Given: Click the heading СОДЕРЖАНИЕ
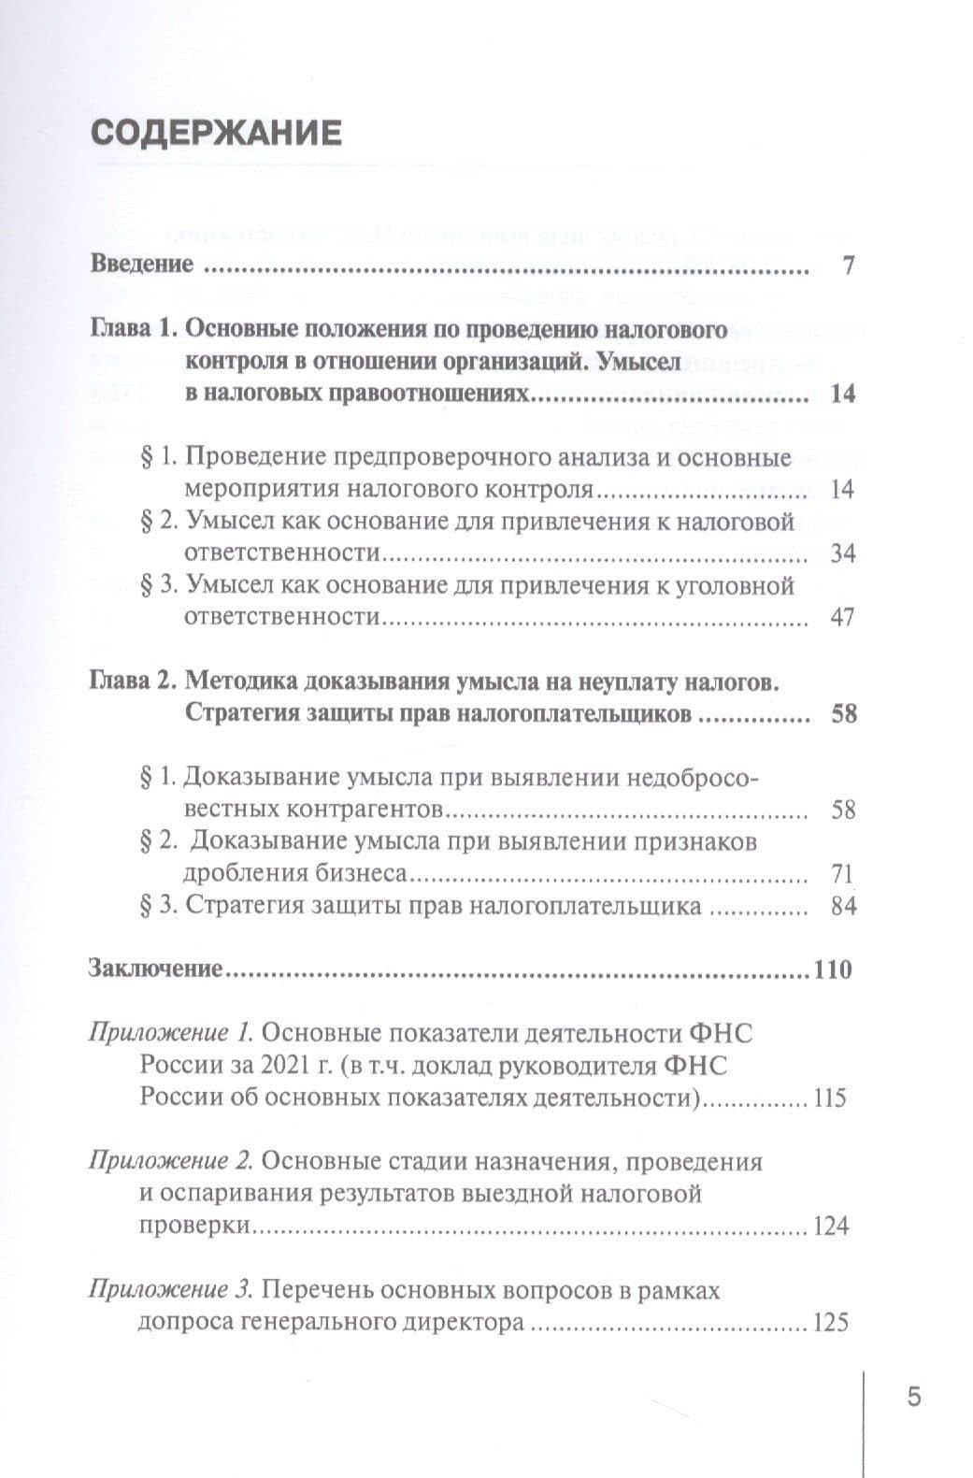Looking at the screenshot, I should click(x=216, y=134).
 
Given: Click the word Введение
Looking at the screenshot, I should click(x=142, y=265).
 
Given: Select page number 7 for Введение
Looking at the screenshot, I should click(x=848, y=265).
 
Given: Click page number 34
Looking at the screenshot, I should click(x=842, y=553).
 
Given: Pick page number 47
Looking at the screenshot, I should click(x=842, y=618).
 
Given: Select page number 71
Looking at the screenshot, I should click(x=842, y=875).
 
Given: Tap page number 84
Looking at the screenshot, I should click(x=843, y=907).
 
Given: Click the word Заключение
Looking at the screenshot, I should click(x=155, y=969).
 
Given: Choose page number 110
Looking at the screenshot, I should click(x=833, y=970).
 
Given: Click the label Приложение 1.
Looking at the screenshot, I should click(x=171, y=1035).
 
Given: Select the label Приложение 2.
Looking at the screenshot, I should click(x=171, y=1163).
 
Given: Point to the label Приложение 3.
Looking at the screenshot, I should click(x=171, y=1291).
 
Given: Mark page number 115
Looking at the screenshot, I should click(x=830, y=1098).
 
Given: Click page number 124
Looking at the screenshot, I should click(x=831, y=1227).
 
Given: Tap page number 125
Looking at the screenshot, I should click(x=831, y=1324).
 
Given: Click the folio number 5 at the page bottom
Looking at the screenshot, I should click(x=914, y=1398).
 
